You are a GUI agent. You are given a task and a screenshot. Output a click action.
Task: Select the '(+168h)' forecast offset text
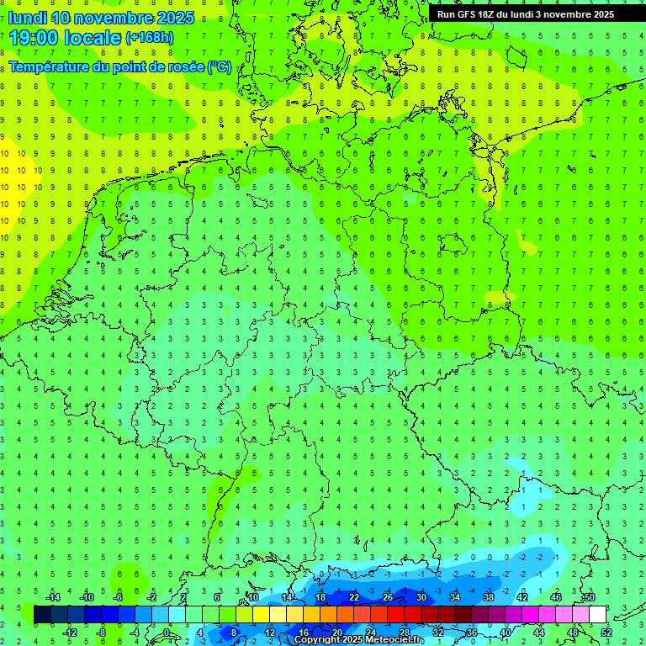point(150,38)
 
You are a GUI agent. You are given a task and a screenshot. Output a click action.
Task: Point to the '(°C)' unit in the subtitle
point(220,66)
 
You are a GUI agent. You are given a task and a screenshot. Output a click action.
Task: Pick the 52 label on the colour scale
point(606,633)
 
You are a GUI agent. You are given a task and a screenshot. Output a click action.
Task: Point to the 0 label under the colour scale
point(167,633)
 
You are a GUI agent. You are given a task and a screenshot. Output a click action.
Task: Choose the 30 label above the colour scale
point(421,597)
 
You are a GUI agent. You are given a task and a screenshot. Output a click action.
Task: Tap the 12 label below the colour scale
point(270,633)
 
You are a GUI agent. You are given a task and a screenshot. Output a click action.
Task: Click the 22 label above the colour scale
point(353,597)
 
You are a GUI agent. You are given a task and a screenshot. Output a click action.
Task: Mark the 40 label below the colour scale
point(505,633)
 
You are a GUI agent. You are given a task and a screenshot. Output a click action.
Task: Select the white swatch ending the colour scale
point(597,615)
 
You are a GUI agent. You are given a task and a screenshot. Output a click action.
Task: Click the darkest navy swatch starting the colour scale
point(42,615)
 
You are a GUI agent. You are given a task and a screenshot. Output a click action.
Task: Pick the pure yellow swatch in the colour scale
point(261,615)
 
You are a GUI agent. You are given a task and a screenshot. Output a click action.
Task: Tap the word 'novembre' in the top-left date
point(119,18)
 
